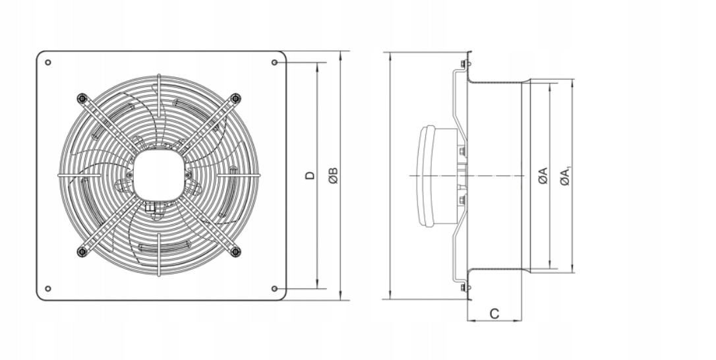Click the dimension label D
[x=310, y=175]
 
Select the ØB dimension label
[x=334, y=175]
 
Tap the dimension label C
[x=494, y=314]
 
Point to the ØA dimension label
[x=543, y=176]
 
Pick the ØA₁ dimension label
[x=566, y=175]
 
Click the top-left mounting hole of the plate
[x=48, y=63]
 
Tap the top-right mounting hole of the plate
[x=274, y=63]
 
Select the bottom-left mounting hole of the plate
[x=48, y=289]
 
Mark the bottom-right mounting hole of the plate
[x=274, y=289]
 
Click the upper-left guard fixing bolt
[x=82, y=98]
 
